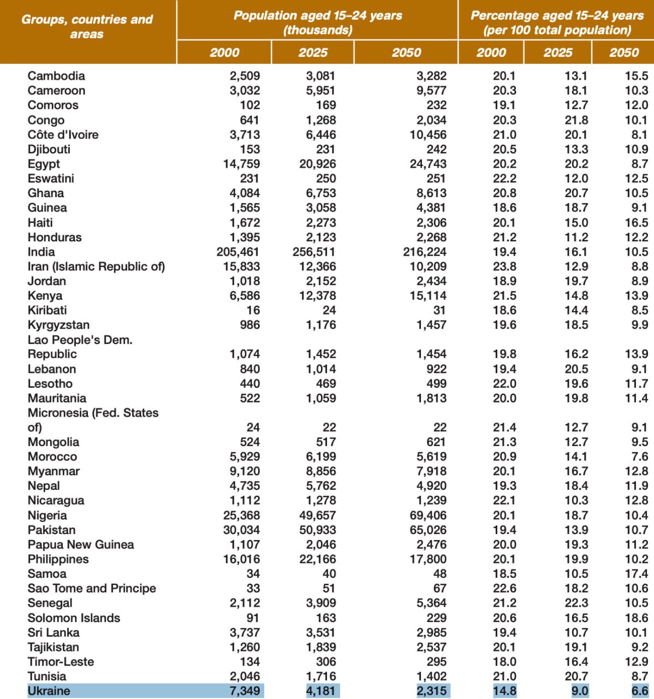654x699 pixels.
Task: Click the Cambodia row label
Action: [56, 76]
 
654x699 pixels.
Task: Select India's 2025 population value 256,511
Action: [314, 252]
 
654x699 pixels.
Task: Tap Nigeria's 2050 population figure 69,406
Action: [428, 515]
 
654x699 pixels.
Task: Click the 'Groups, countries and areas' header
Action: [87, 27]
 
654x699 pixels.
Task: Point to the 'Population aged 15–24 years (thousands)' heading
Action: [318, 22]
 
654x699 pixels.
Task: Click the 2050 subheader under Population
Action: [406, 52]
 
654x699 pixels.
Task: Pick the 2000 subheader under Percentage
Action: [491, 52]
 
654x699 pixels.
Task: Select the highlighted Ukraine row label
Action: [49, 691]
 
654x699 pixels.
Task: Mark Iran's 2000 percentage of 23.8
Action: [504, 266]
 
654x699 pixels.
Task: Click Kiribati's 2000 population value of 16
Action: [253, 310]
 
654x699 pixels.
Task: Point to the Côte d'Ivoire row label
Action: [63, 134]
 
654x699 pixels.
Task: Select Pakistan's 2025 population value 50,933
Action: [317, 530]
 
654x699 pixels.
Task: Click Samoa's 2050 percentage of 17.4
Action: [637, 573]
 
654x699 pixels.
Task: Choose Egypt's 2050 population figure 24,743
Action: [428, 164]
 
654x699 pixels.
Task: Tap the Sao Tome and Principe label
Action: [92, 588]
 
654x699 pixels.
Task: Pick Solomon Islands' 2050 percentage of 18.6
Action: [637, 618]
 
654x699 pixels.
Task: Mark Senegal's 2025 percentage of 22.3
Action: [576, 603]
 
